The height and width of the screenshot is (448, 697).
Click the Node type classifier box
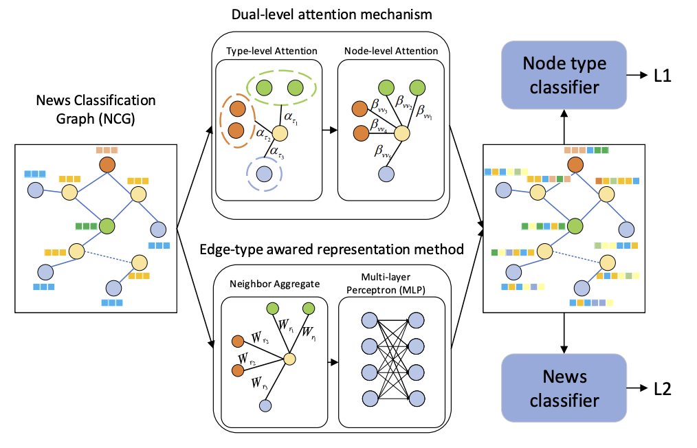(564, 75)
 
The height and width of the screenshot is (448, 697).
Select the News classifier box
(564, 388)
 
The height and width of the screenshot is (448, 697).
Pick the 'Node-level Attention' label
(391, 52)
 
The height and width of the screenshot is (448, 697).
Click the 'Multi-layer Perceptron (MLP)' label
(392, 282)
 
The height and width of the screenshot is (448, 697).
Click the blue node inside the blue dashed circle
(263, 175)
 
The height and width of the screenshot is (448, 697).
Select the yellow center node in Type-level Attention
(279, 133)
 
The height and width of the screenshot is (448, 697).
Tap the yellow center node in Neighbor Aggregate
(289, 359)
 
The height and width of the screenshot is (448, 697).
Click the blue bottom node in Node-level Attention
(385, 175)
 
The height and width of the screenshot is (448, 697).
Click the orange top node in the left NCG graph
(107, 165)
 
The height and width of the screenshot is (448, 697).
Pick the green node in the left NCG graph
(107, 225)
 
